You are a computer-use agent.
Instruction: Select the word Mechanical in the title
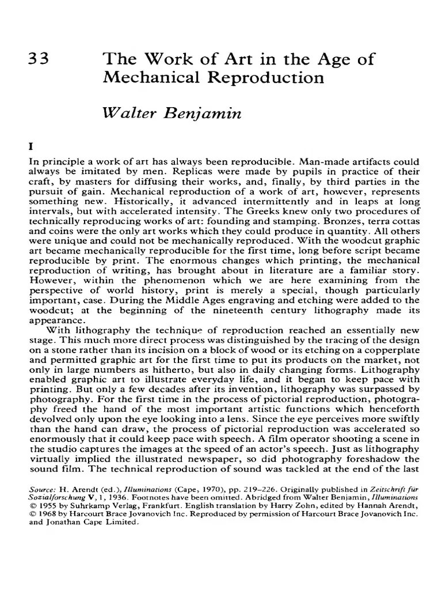[142, 78]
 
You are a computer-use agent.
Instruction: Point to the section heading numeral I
[31, 147]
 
